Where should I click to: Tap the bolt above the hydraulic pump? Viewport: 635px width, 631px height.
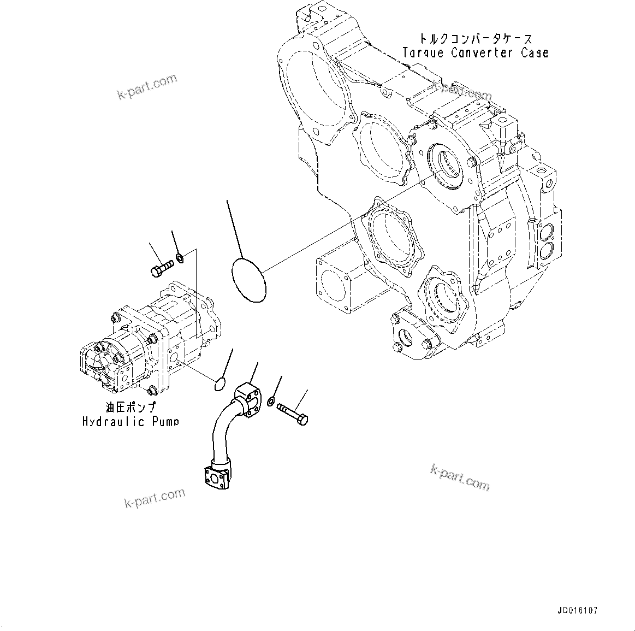161,268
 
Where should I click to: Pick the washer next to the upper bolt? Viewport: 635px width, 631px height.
179,257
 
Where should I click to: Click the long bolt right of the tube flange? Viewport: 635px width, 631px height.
293,413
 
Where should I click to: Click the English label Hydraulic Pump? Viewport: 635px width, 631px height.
130,422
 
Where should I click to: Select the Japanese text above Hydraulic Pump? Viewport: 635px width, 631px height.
130,407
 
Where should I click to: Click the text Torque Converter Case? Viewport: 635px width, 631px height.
475,53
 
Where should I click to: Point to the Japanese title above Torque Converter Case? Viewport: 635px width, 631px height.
475,39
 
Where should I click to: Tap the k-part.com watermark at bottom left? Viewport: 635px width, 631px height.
155,498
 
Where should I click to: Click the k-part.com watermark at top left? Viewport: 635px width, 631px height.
147,86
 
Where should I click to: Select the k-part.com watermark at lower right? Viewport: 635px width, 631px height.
460,477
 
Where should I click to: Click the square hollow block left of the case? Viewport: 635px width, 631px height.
335,284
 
